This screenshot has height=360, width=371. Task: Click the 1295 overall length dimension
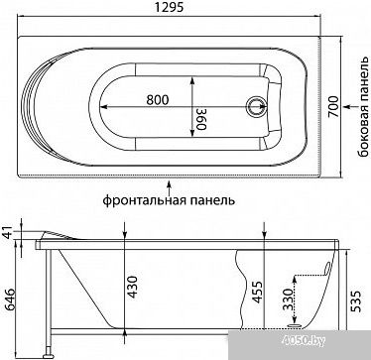(x=169, y=7)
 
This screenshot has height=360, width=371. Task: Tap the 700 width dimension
(x=333, y=106)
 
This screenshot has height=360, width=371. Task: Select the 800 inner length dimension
(x=158, y=99)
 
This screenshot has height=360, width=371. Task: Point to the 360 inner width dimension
(x=200, y=119)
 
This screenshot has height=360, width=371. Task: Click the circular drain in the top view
(x=256, y=106)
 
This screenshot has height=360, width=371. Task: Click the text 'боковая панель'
(x=363, y=106)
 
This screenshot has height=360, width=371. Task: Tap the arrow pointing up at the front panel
(x=170, y=187)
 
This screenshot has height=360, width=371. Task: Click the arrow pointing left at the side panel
(x=350, y=106)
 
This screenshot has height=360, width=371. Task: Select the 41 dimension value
(x=9, y=232)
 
